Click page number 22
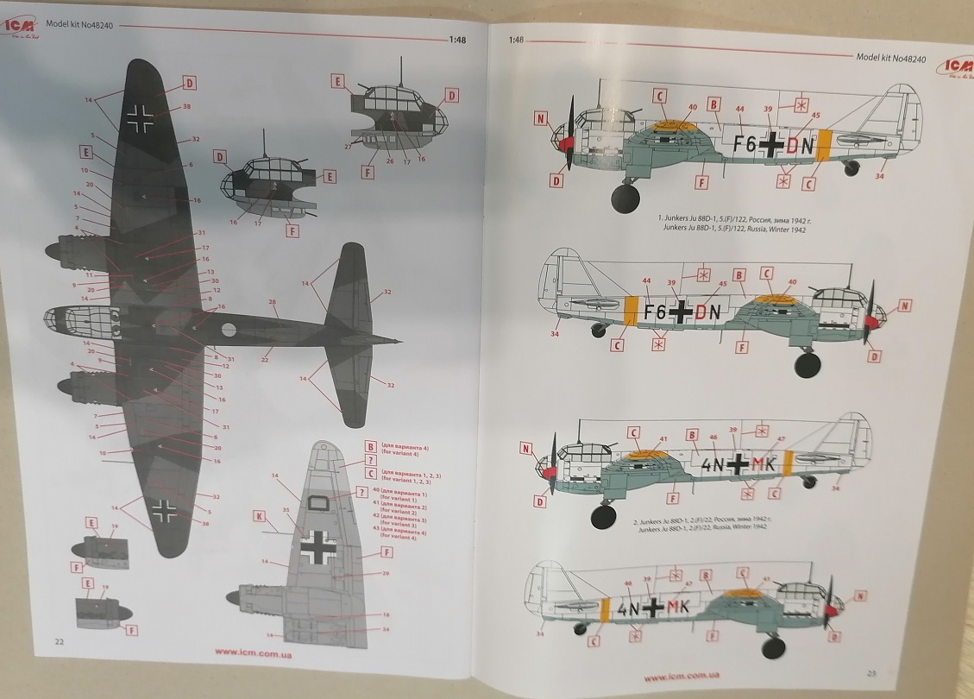pyautogui.click(x=59, y=642)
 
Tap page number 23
pyautogui.click(x=871, y=674)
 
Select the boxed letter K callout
pyautogui.click(x=259, y=517)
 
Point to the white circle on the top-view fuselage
pyautogui.click(x=229, y=329)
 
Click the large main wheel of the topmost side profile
pyautogui.click(x=625, y=197)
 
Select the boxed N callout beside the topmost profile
pyautogui.click(x=540, y=119)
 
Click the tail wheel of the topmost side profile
pyautogui.click(x=852, y=169)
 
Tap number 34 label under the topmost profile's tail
pyautogui.click(x=879, y=178)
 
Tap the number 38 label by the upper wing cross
pyautogui.click(x=186, y=108)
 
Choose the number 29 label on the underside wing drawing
pyautogui.click(x=385, y=574)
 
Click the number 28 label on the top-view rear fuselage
pyautogui.click(x=273, y=303)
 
